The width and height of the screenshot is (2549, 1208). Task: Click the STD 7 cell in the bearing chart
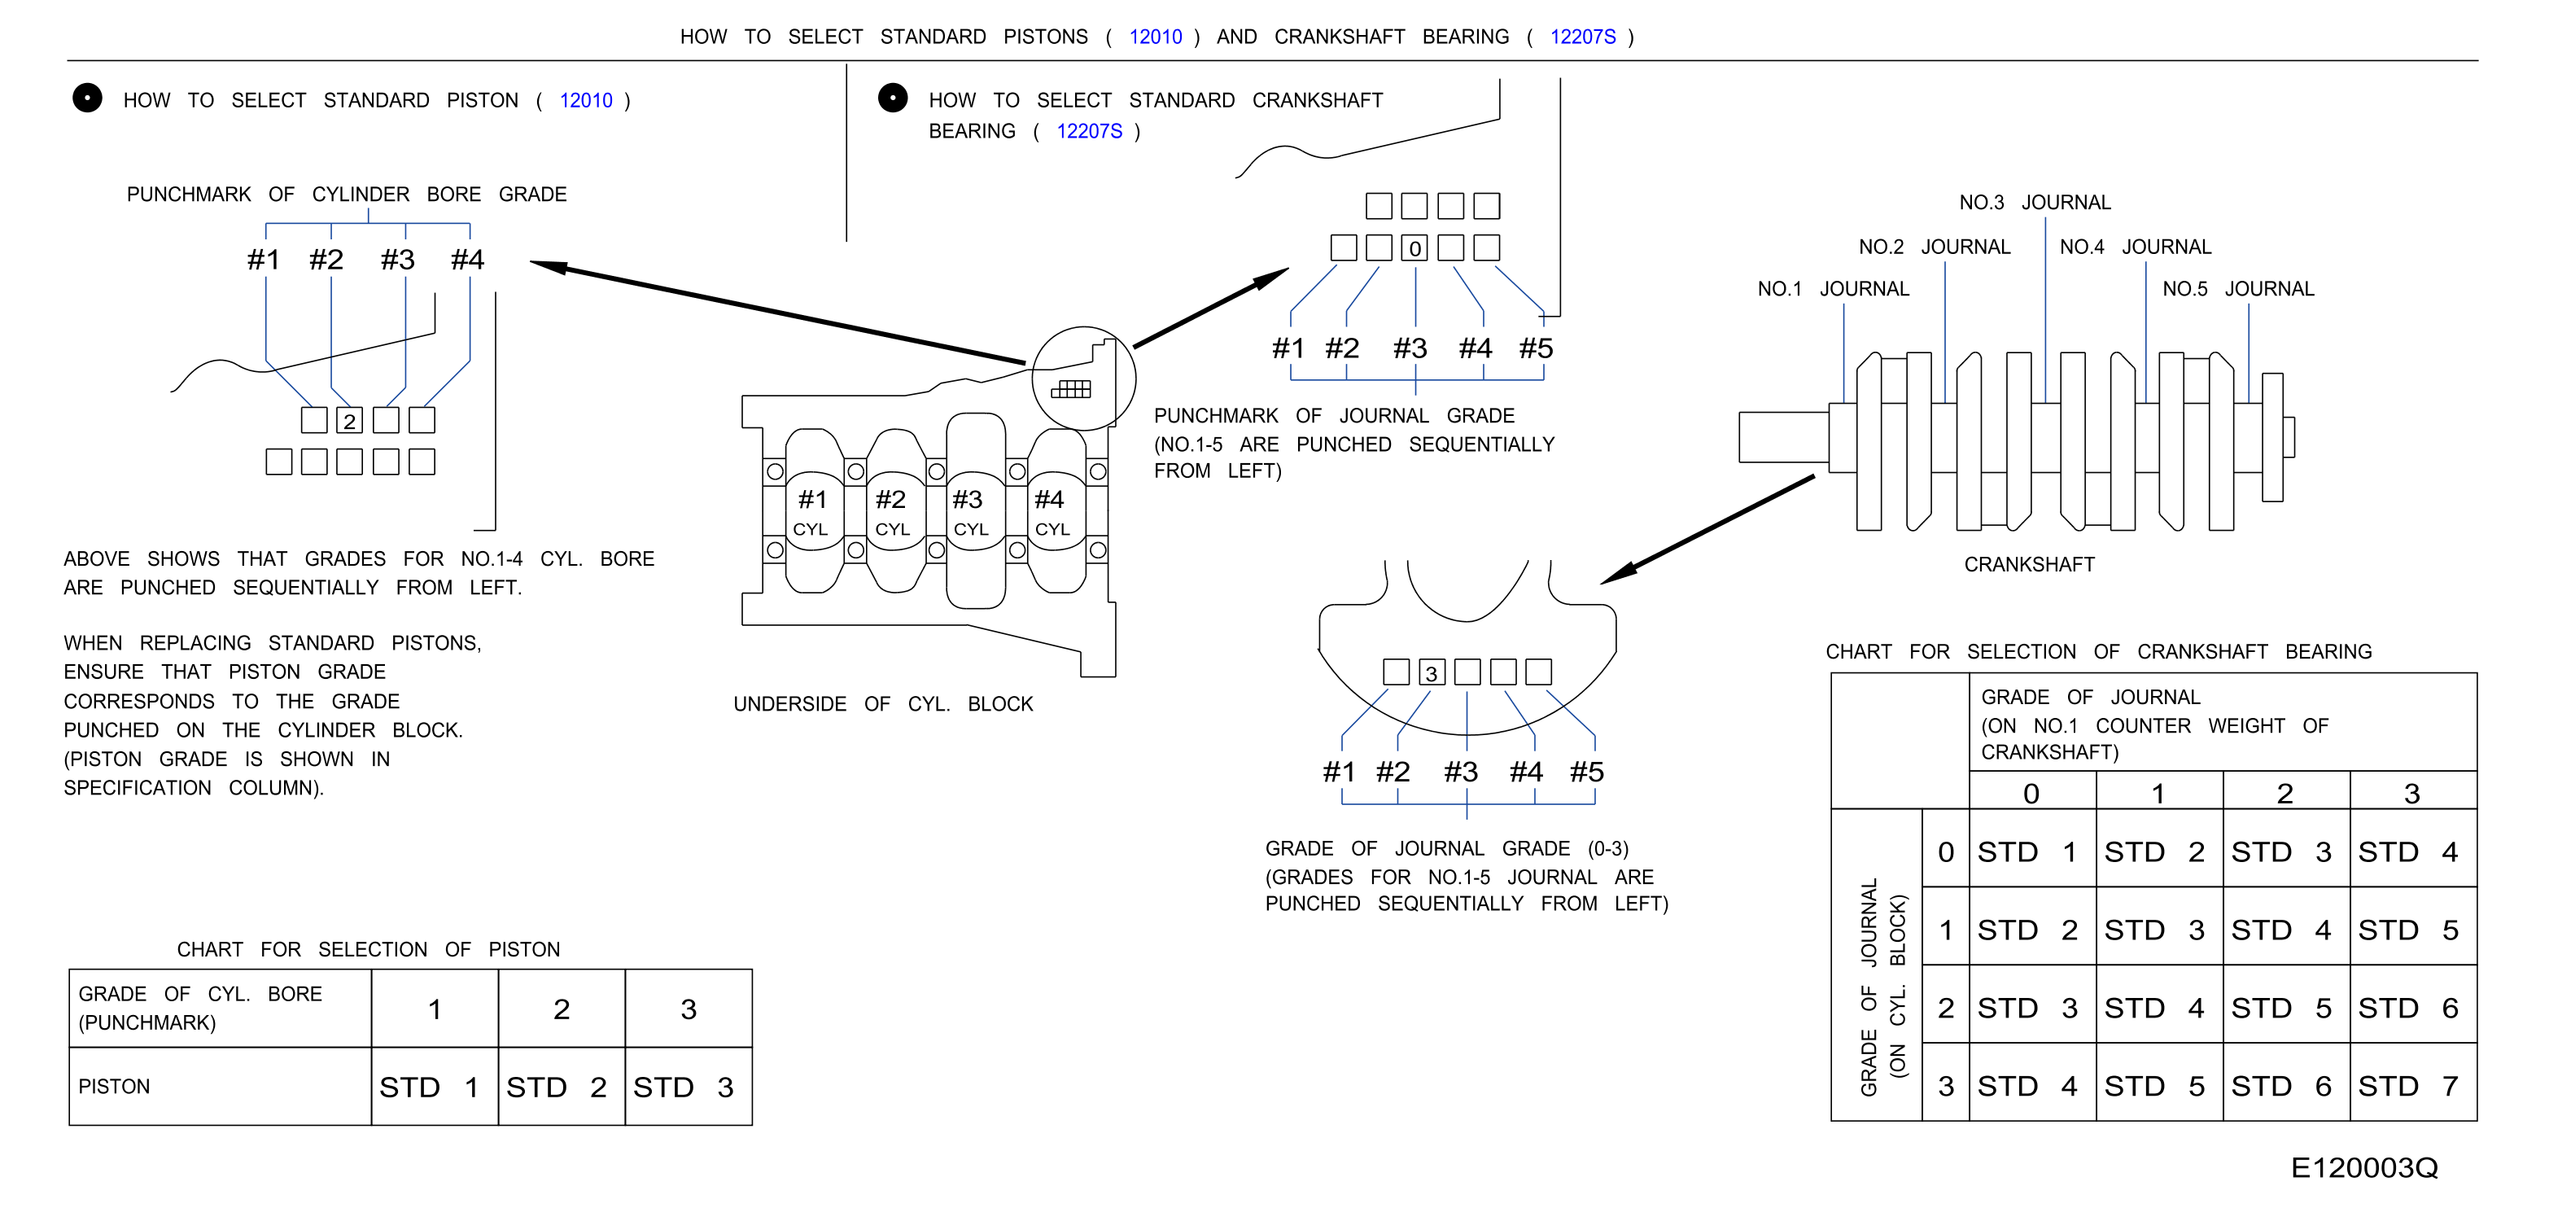2412,1085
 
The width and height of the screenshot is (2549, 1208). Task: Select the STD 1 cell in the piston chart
435,1087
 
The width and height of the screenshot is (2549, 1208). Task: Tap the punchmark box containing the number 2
349,421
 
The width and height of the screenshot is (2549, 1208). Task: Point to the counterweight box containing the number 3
1431,672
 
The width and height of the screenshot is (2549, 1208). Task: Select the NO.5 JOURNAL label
2238,289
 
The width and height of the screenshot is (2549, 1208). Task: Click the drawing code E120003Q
2364,1167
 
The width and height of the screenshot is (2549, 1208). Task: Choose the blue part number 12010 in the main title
1155,37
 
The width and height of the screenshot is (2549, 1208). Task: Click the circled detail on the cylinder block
1083,379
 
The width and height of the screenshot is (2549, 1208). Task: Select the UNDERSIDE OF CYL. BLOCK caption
883,703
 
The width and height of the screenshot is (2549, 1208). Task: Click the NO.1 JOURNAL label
1833,289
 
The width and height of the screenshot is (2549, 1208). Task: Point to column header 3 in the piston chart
689,1009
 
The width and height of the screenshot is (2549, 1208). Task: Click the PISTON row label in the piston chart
114,1087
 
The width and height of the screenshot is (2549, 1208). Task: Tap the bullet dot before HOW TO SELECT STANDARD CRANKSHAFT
893,98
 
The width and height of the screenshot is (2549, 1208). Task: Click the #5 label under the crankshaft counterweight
1586,772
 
